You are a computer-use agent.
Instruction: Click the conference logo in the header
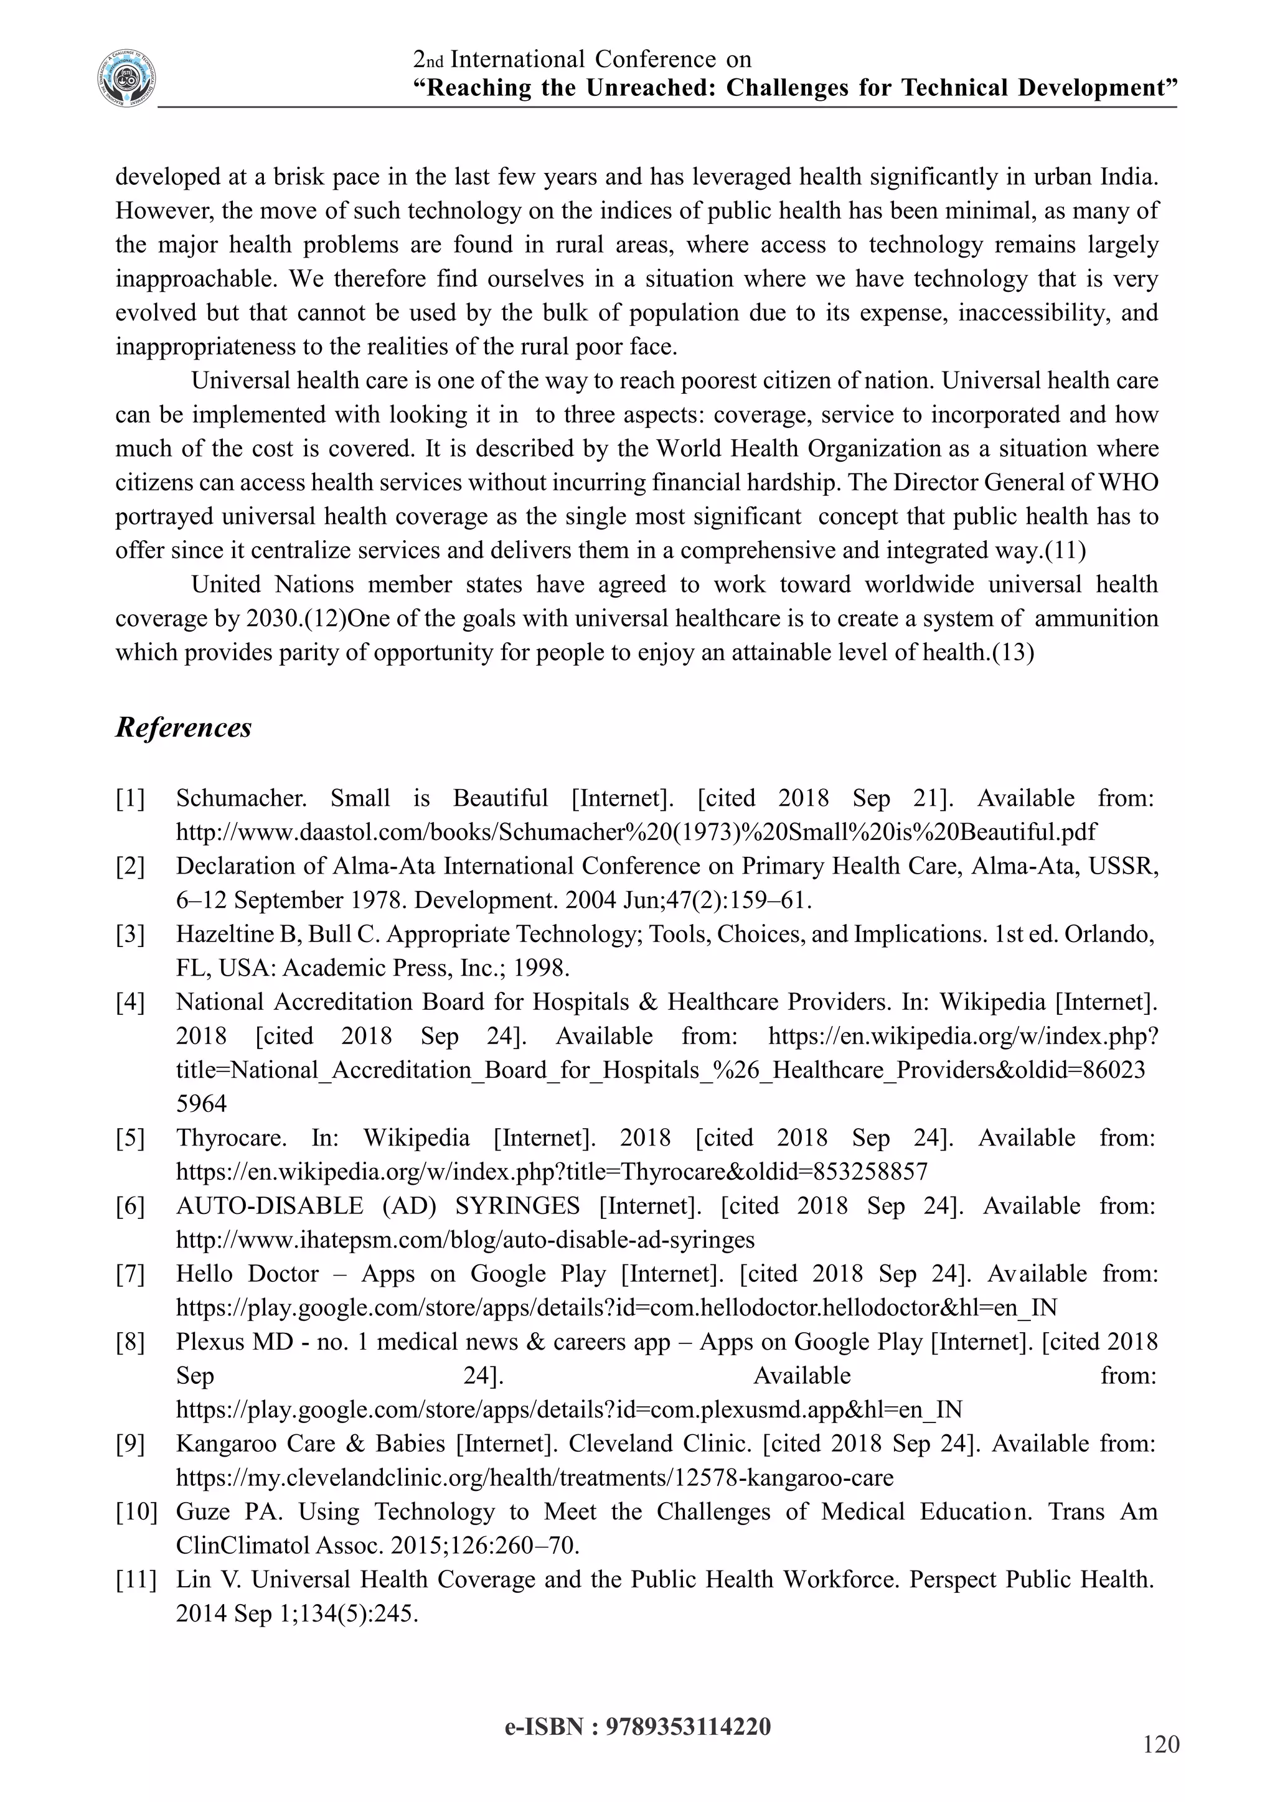tap(126, 78)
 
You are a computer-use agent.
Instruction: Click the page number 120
tap(1161, 1745)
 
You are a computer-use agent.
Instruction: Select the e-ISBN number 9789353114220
tap(689, 1727)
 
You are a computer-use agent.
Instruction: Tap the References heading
tap(184, 727)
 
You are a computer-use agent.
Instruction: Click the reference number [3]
tap(130, 934)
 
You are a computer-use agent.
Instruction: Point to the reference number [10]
tap(136, 1511)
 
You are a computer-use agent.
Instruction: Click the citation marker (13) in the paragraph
tap(1013, 652)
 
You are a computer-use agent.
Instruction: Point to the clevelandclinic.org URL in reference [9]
tap(534, 1478)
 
